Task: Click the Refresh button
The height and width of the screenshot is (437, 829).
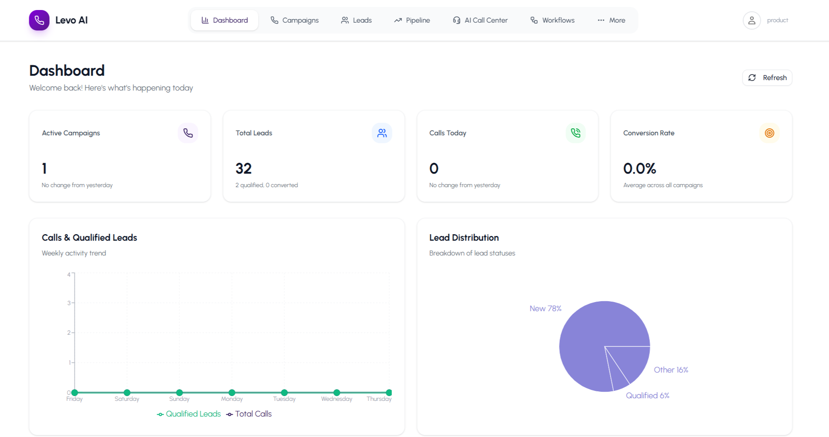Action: click(x=767, y=77)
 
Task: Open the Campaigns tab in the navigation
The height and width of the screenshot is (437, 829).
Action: click(x=294, y=20)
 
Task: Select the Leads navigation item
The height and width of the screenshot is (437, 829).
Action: click(x=356, y=20)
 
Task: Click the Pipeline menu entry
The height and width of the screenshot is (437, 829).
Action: click(x=412, y=20)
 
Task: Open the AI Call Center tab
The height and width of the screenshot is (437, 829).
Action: click(x=480, y=20)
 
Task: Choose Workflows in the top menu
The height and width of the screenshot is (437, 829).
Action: click(x=552, y=20)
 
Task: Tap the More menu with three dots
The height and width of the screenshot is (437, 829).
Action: click(x=611, y=20)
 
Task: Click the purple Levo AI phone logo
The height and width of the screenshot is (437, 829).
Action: click(x=39, y=20)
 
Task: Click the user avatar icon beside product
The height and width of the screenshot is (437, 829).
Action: click(x=752, y=20)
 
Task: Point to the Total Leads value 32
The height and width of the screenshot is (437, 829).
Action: click(x=244, y=168)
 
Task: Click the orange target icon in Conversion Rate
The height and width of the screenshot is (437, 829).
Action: click(x=769, y=133)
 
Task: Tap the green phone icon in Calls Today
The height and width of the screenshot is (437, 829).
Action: click(x=575, y=133)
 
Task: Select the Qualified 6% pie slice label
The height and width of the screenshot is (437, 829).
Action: click(x=647, y=395)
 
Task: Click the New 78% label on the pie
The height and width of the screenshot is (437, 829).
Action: click(x=545, y=308)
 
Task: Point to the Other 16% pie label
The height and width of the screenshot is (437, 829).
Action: click(x=671, y=370)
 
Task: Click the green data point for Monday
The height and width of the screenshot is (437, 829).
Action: click(x=232, y=393)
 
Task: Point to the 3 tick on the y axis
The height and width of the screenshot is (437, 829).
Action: click(x=69, y=303)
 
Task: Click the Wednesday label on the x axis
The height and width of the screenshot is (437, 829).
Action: click(x=337, y=399)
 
